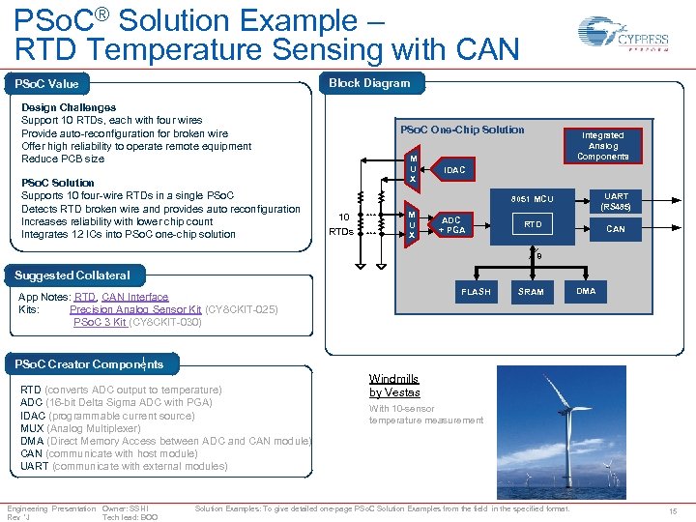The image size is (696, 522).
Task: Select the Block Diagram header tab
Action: coord(369,83)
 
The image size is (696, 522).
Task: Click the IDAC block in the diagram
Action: coord(453,170)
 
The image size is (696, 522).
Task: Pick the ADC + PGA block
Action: coord(451,224)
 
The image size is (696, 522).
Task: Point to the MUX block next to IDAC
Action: coord(413,169)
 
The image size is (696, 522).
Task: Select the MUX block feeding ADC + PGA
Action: coord(413,224)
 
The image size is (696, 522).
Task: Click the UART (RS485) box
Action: coord(616,201)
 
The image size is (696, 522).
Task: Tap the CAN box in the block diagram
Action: coord(616,229)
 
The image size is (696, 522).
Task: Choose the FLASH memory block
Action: coord(476,291)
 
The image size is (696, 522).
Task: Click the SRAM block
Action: coord(531,291)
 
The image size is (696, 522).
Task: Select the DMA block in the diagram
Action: coord(586,290)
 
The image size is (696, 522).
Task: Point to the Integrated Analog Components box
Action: coord(602,145)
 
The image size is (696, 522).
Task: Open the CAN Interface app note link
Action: coord(134,297)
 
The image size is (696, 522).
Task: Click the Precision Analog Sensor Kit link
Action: coord(135,309)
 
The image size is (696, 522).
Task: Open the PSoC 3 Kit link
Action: coord(100,322)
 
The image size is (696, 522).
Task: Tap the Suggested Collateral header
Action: coord(72,275)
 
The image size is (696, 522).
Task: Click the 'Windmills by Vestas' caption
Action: coord(394,386)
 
